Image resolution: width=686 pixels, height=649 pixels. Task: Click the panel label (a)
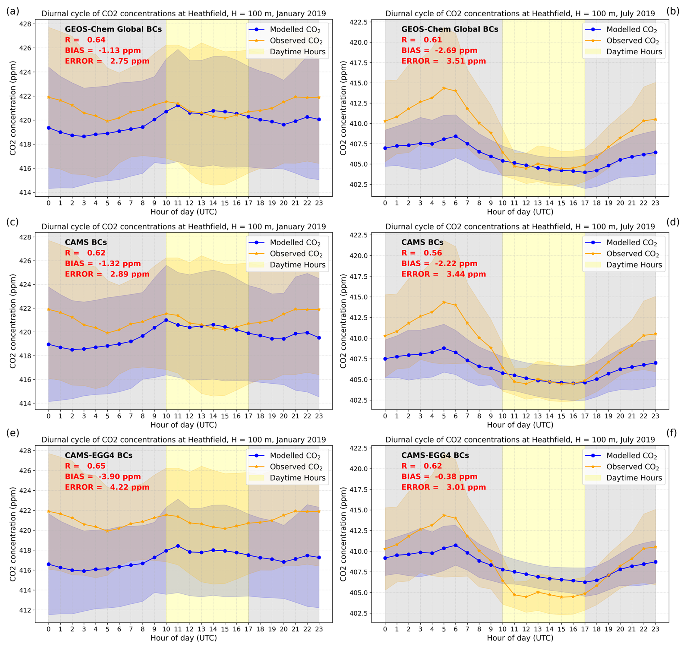click(13, 11)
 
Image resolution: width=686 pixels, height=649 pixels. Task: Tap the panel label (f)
click(671, 433)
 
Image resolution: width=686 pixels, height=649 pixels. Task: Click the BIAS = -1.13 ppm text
click(103, 50)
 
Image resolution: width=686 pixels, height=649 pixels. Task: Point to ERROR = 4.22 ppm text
click(107, 487)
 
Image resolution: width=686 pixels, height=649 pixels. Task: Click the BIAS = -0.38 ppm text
click(439, 477)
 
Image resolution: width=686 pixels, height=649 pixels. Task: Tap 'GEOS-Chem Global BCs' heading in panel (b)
click(450, 29)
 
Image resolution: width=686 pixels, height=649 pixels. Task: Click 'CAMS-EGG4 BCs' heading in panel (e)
click(99, 455)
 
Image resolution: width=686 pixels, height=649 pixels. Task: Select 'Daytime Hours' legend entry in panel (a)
click(297, 52)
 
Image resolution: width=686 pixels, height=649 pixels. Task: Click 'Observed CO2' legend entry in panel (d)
click(632, 254)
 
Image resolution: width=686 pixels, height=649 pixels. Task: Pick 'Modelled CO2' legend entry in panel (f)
click(631, 455)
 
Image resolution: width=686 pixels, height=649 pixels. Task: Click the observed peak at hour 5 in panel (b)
click(444, 88)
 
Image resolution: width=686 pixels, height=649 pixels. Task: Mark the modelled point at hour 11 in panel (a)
click(178, 105)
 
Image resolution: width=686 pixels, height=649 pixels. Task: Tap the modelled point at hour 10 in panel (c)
click(166, 320)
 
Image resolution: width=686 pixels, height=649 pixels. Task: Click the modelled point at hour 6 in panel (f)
click(456, 545)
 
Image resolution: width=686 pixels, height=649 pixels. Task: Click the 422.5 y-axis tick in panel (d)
click(358, 235)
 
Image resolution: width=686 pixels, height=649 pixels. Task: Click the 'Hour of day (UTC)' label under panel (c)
click(183, 425)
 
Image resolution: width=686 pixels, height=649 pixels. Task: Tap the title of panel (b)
click(520, 14)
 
